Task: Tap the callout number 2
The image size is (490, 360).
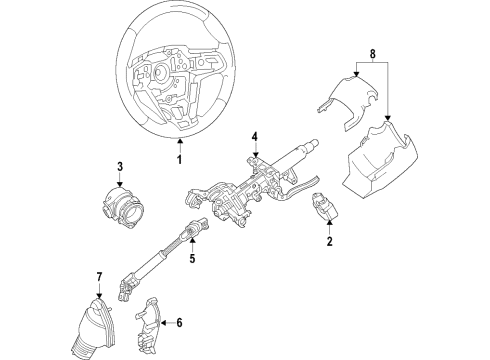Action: pyautogui.click(x=329, y=241)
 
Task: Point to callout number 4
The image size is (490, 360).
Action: pyautogui.click(x=255, y=136)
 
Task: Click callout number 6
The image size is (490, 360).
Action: pyautogui.click(x=179, y=322)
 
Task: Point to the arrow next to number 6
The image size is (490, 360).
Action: pyautogui.click(x=166, y=322)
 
